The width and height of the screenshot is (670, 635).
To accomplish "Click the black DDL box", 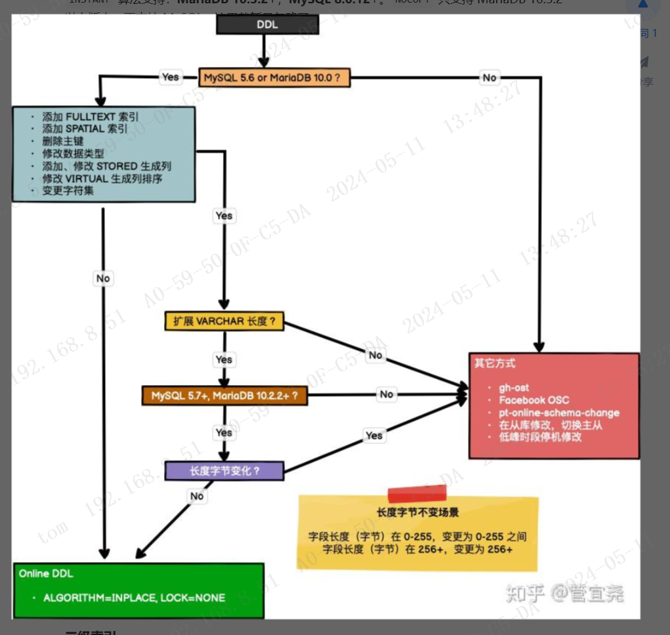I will point(267,24).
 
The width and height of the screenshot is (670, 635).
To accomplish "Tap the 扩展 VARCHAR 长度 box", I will point(224,321).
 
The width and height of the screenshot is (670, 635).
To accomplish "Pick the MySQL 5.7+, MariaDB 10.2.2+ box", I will point(224,396).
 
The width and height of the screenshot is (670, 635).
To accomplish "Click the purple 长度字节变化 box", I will point(224,471).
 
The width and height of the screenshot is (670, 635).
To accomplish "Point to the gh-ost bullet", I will point(514,388).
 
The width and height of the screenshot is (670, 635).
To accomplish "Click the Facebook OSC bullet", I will point(534,400).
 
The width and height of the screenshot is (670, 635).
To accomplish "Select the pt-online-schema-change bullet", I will point(558,413).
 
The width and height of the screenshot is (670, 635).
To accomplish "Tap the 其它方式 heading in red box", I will point(495,363).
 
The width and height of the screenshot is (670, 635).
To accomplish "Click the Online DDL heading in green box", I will point(46,573).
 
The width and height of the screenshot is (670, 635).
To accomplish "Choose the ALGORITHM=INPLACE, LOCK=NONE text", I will point(134,598).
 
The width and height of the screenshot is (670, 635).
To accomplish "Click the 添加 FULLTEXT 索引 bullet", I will point(91,117).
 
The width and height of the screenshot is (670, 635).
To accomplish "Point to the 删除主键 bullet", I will point(63,141).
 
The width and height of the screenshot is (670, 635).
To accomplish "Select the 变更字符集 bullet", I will point(68,190).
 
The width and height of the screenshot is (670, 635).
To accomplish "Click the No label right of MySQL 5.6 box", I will point(490,77).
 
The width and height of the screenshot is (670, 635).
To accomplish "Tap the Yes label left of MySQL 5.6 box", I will point(170,77).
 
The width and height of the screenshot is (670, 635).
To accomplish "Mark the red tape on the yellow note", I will point(417,493).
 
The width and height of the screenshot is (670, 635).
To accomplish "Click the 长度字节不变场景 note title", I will point(417,512).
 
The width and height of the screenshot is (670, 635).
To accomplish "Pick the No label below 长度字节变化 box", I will point(197,496).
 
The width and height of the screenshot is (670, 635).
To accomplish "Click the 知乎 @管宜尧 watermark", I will point(564,594).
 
